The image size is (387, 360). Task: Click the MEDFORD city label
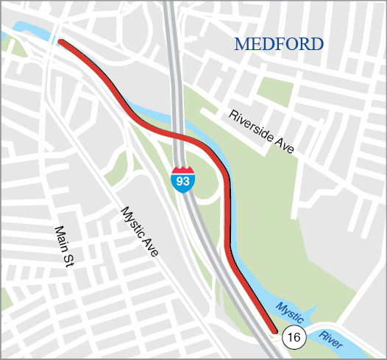coord(279,44)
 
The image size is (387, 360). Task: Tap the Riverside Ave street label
coord(261,132)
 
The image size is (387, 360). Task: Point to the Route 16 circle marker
coord(294,337)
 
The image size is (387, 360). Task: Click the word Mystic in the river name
coord(291,311)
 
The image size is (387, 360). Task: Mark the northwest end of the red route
coord(60,43)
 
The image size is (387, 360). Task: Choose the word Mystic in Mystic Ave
coord(133,222)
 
